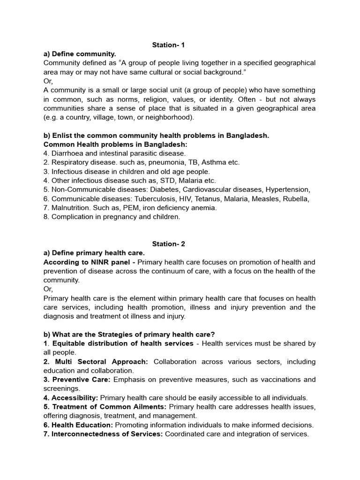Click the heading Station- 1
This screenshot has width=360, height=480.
pyautogui.click(x=169, y=45)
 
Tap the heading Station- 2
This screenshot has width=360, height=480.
pyautogui.click(x=169, y=244)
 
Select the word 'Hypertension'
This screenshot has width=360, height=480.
pyautogui.click(x=287, y=189)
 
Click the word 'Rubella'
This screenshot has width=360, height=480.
pyautogui.click(x=295, y=199)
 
